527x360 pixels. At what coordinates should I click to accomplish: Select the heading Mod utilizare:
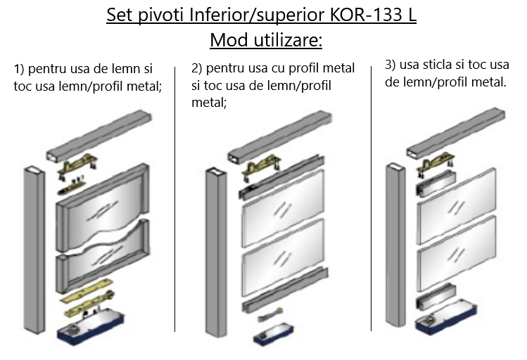[265, 40]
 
